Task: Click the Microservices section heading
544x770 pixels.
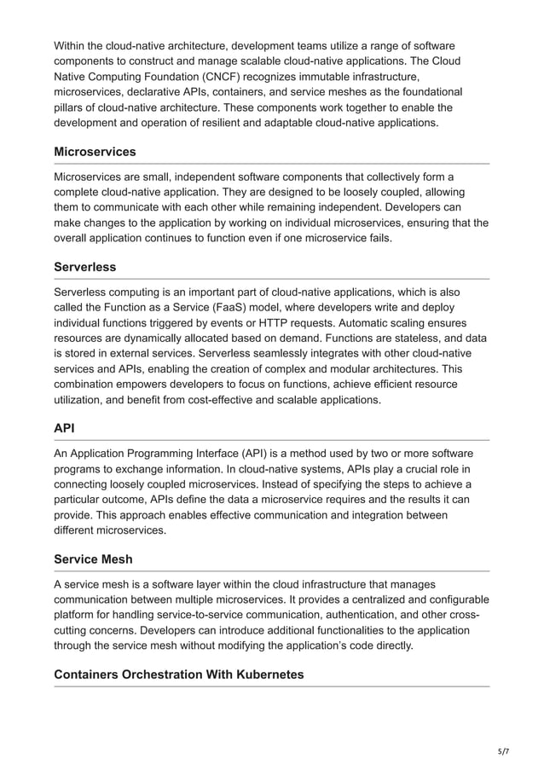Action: (95, 152)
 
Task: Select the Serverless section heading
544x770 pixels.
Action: (84, 267)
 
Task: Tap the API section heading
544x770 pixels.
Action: (65, 429)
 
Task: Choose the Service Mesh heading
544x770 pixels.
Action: (93, 559)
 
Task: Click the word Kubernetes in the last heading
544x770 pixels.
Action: (267, 674)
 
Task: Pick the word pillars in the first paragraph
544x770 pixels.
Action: (71, 107)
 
